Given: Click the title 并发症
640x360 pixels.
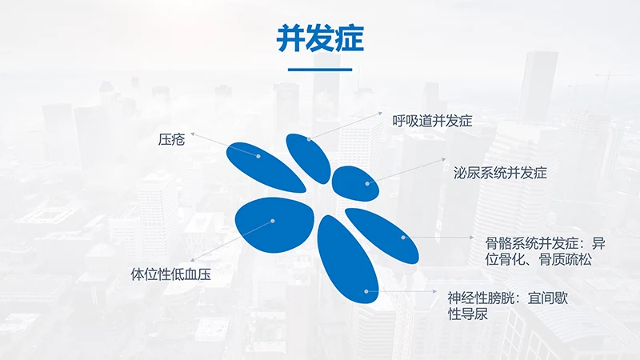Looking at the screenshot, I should (319, 38).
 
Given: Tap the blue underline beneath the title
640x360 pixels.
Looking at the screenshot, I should (319, 70).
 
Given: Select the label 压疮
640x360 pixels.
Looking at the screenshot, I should (172, 140).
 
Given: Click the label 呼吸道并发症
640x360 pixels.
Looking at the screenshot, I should (433, 122).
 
